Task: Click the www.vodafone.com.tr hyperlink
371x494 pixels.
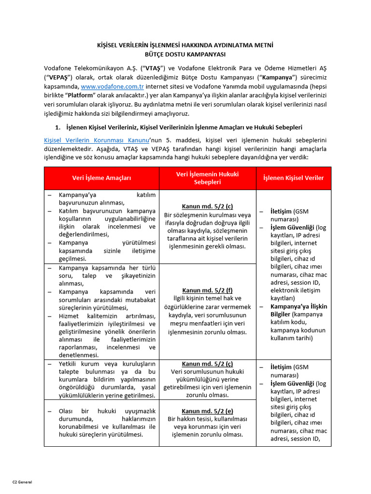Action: pos(113,86)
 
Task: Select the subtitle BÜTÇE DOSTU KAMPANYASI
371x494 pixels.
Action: pos(185,55)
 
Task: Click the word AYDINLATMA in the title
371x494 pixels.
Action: pos(226,45)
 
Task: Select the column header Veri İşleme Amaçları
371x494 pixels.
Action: pos(101,178)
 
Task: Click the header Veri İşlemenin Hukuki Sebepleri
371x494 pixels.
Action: pos(207,178)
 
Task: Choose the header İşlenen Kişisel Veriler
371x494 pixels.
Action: pos(293,178)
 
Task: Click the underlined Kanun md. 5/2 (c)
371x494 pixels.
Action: pos(207,206)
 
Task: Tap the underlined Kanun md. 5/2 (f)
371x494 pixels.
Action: pos(207,290)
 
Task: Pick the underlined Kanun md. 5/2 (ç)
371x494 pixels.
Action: pos(207,364)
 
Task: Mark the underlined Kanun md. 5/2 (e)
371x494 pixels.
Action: pos(207,411)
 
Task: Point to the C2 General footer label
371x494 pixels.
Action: pos(22,482)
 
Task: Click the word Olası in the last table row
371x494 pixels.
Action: pos(68,411)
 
